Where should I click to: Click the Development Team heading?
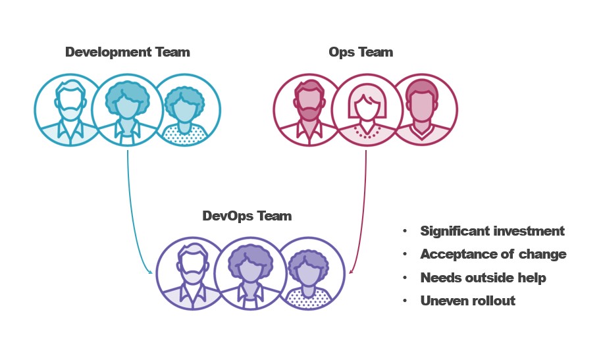127,52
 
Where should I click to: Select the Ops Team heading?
361,52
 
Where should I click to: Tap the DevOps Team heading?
247,215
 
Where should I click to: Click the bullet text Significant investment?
492,231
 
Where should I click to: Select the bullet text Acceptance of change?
493,254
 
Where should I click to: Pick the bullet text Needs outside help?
483,277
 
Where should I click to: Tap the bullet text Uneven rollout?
467,300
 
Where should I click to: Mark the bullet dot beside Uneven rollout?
404,301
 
